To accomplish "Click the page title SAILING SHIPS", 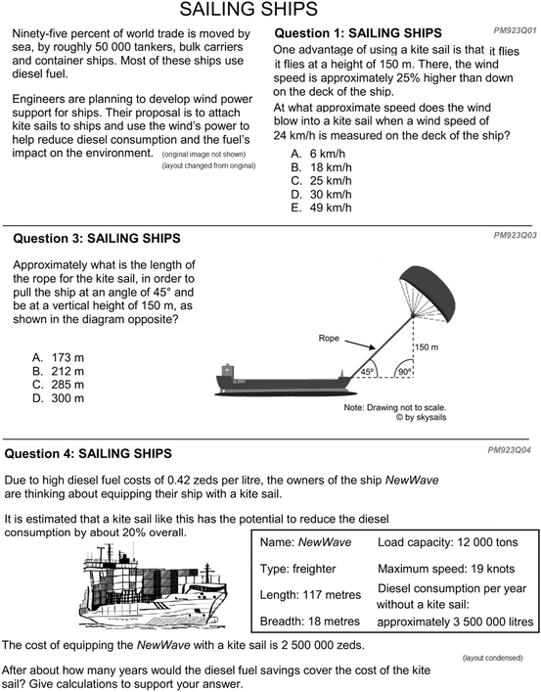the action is [x=248, y=9].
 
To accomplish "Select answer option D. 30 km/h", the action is [x=321, y=194].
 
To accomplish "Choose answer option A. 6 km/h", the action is [x=318, y=154].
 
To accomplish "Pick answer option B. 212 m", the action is [x=59, y=371].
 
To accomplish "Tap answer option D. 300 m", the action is [x=59, y=398].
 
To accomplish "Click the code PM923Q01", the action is [x=515, y=30].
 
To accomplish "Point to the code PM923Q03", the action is [x=515, y=235].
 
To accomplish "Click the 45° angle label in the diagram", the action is [x=367, y=372].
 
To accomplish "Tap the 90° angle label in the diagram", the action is [x=404, y=372].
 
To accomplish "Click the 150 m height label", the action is [x=427, y=347].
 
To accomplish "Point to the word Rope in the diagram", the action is [x=329, y=338].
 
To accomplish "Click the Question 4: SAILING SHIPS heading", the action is [x=88, y=454].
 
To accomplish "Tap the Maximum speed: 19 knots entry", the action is [x=446, y=569].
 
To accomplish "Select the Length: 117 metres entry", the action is [x=310, y=595].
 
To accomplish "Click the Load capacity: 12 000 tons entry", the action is [x=447, y=542].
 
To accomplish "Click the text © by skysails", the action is [x=421, y=417].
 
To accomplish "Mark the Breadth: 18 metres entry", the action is [x=310, y=622].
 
